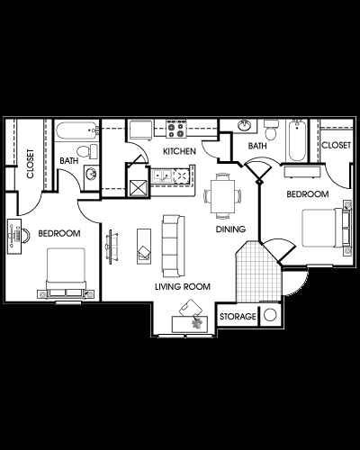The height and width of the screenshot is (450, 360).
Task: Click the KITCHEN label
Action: tap(180, 152)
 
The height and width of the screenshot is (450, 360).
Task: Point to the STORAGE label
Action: tap(236, 317)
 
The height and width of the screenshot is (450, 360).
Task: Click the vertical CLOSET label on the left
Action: tap(30, 164)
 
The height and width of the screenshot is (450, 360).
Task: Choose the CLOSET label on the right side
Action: tap(336, 145)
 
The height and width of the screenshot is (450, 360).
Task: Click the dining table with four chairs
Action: tap(221, 193)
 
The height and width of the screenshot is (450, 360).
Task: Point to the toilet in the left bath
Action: tap(82, 150)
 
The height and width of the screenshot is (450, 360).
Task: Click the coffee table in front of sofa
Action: tap(143, 245)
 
